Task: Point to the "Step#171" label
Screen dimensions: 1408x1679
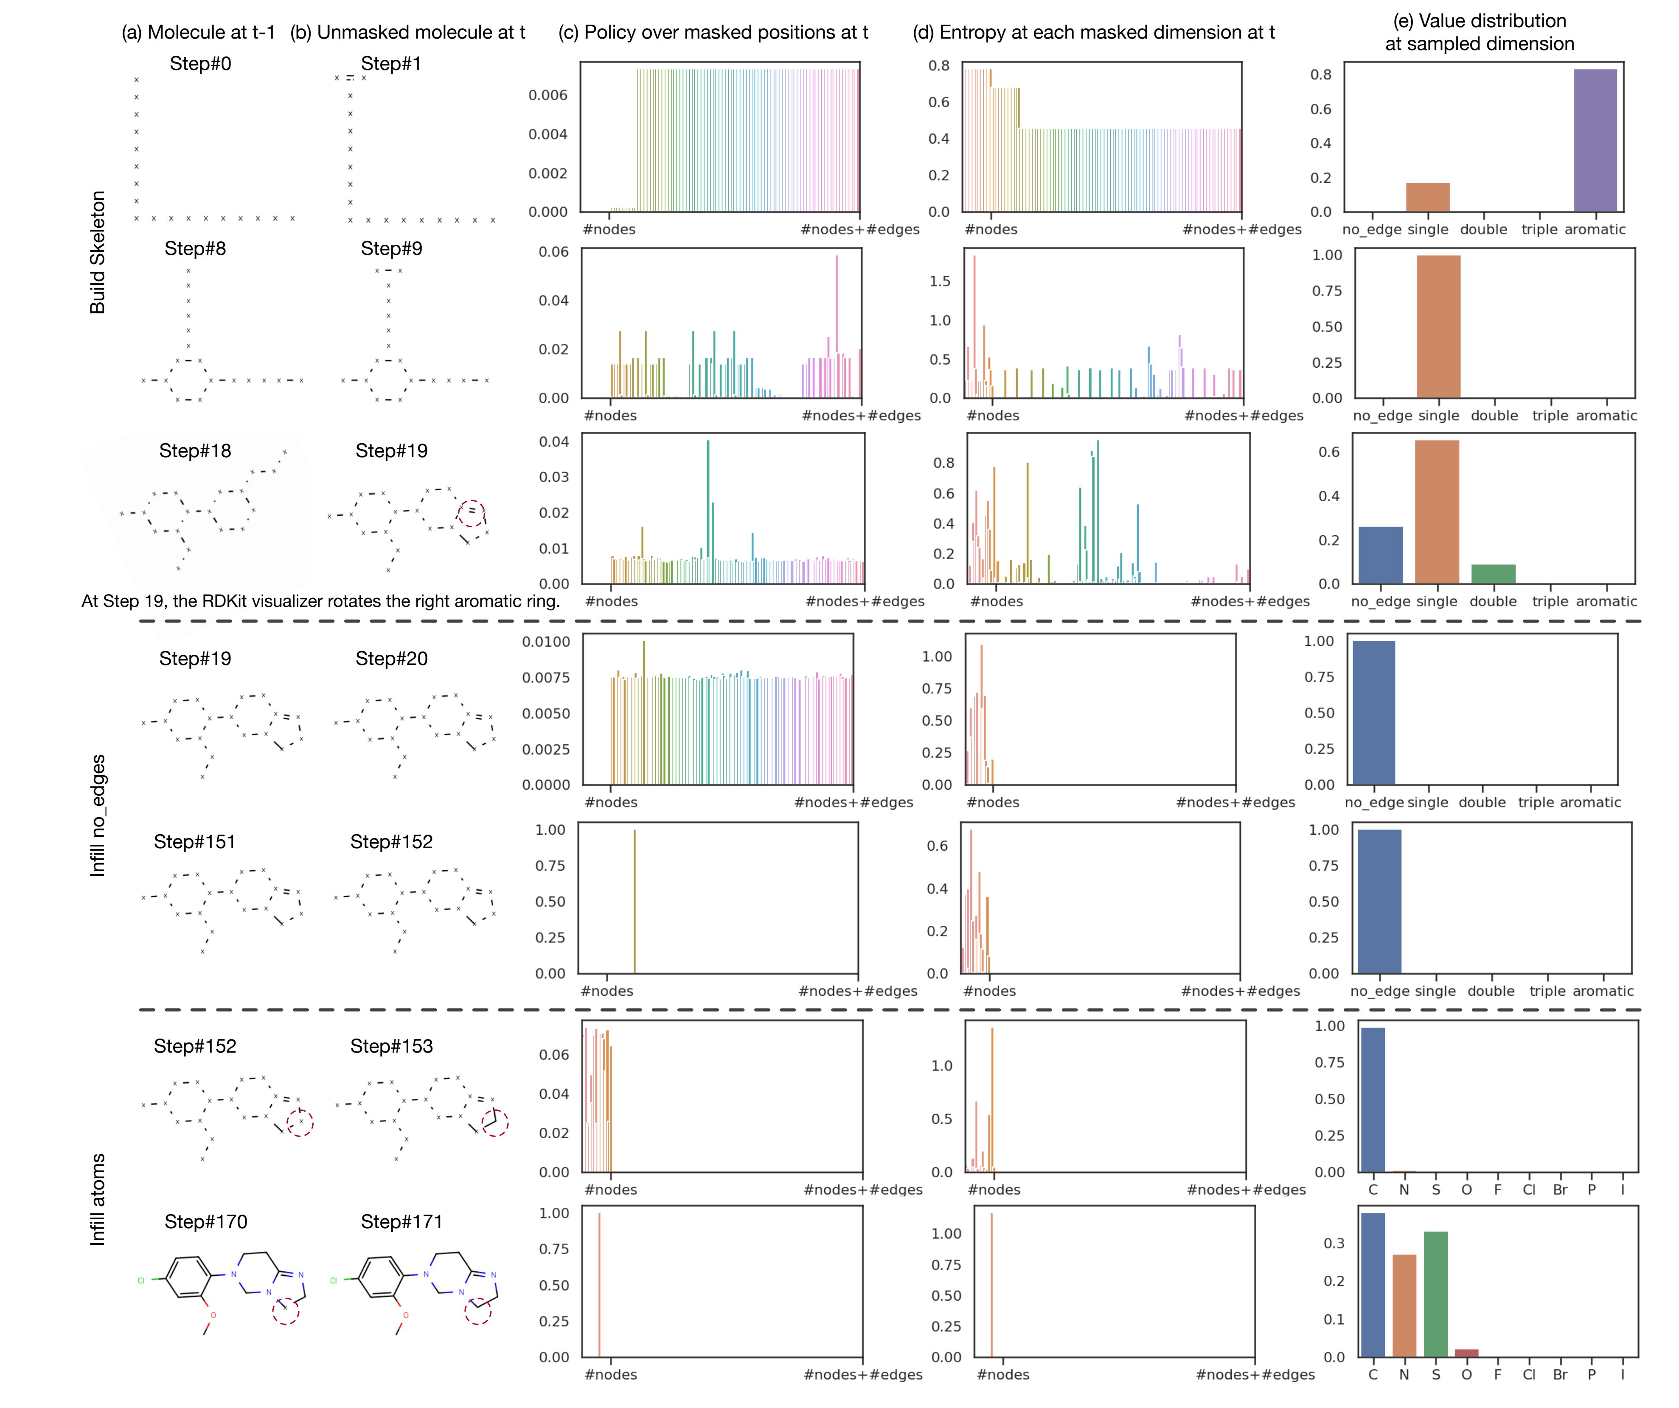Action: point(401,1222)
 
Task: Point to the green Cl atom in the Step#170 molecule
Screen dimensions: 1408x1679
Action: point(141,1280)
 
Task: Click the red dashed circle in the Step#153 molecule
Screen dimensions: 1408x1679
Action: point(495,1123)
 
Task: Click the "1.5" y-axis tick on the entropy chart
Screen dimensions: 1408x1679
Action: point(940,281)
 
